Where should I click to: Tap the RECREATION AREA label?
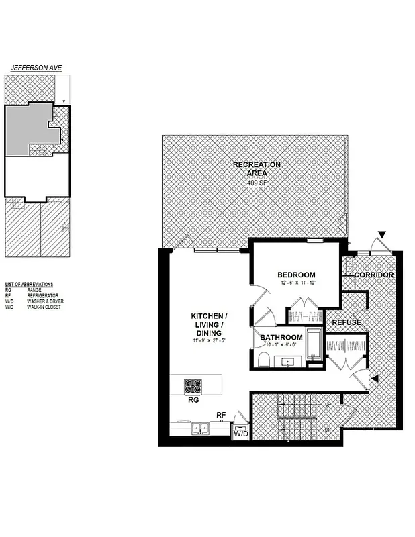257,168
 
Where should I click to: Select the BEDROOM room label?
296,275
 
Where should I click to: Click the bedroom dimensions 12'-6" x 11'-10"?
296,283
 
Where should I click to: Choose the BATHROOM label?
281,337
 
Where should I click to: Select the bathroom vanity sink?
291,362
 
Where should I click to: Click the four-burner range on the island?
193,387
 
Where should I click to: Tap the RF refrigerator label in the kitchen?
220,415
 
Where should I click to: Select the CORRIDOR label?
373,275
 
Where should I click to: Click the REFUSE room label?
346,322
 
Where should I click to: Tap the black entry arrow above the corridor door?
382,234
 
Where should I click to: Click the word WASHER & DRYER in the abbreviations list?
44,301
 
